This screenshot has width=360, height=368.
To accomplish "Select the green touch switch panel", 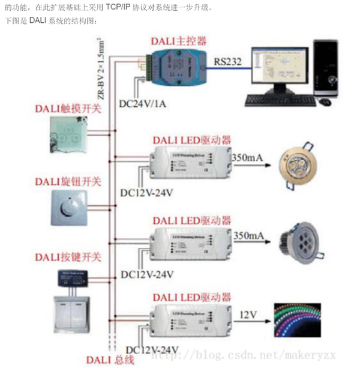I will (67, 139).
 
